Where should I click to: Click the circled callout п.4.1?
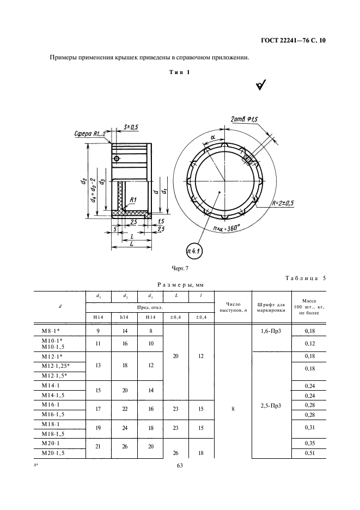(x=194, y=251)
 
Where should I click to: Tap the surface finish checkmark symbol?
(x=261, y=85)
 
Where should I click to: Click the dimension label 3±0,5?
(x=131, y=127)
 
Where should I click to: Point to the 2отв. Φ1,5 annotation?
(x=244, y=120)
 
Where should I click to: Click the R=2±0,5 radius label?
(x=283, y=203)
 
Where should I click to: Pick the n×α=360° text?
(x=226, y=228)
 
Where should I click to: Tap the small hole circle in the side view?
(x=117, y=159)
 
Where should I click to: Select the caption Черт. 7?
(x=180, y=268)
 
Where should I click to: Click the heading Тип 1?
(x=180, y=72)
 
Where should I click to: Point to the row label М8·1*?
(x=51, y=331)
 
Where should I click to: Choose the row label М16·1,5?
(x=53, y=414)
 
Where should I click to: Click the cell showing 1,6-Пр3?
(x=271, y=331)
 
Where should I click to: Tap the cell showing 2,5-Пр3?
(x=271, y=405)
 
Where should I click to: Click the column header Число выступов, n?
(x=233, y=307)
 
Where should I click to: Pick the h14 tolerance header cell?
(x=124, y=317)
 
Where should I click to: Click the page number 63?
(x=180, y=465)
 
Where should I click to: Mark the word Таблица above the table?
(x=302, y=278)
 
